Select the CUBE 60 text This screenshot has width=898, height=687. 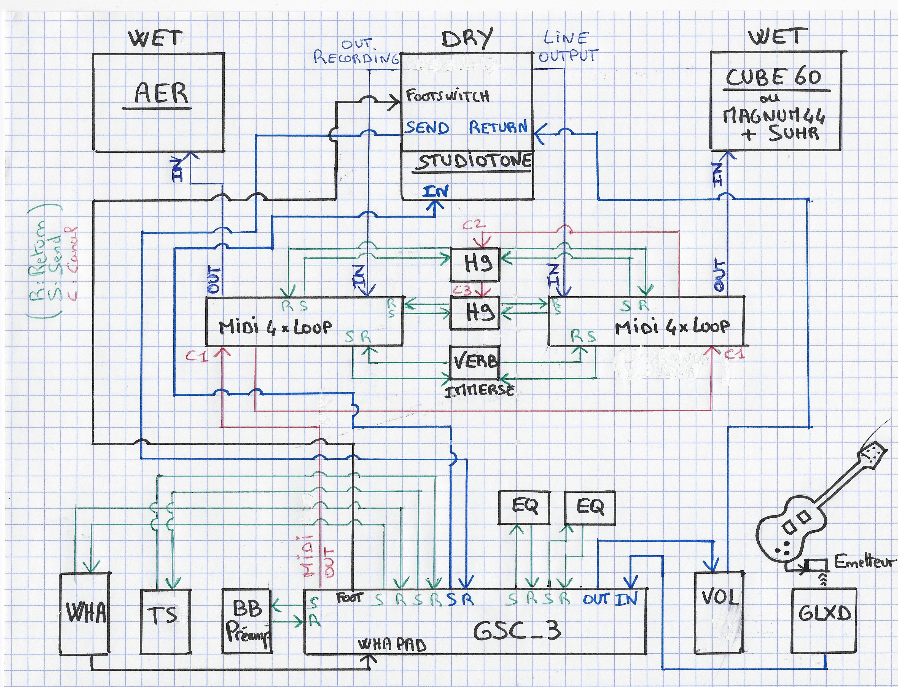click(x=773, y=77)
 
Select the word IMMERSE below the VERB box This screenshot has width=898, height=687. click(x=479, y=391)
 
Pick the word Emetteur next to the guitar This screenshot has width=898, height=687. click(x=864, y=562)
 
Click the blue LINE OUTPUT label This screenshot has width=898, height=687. click(x=567, y=47)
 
